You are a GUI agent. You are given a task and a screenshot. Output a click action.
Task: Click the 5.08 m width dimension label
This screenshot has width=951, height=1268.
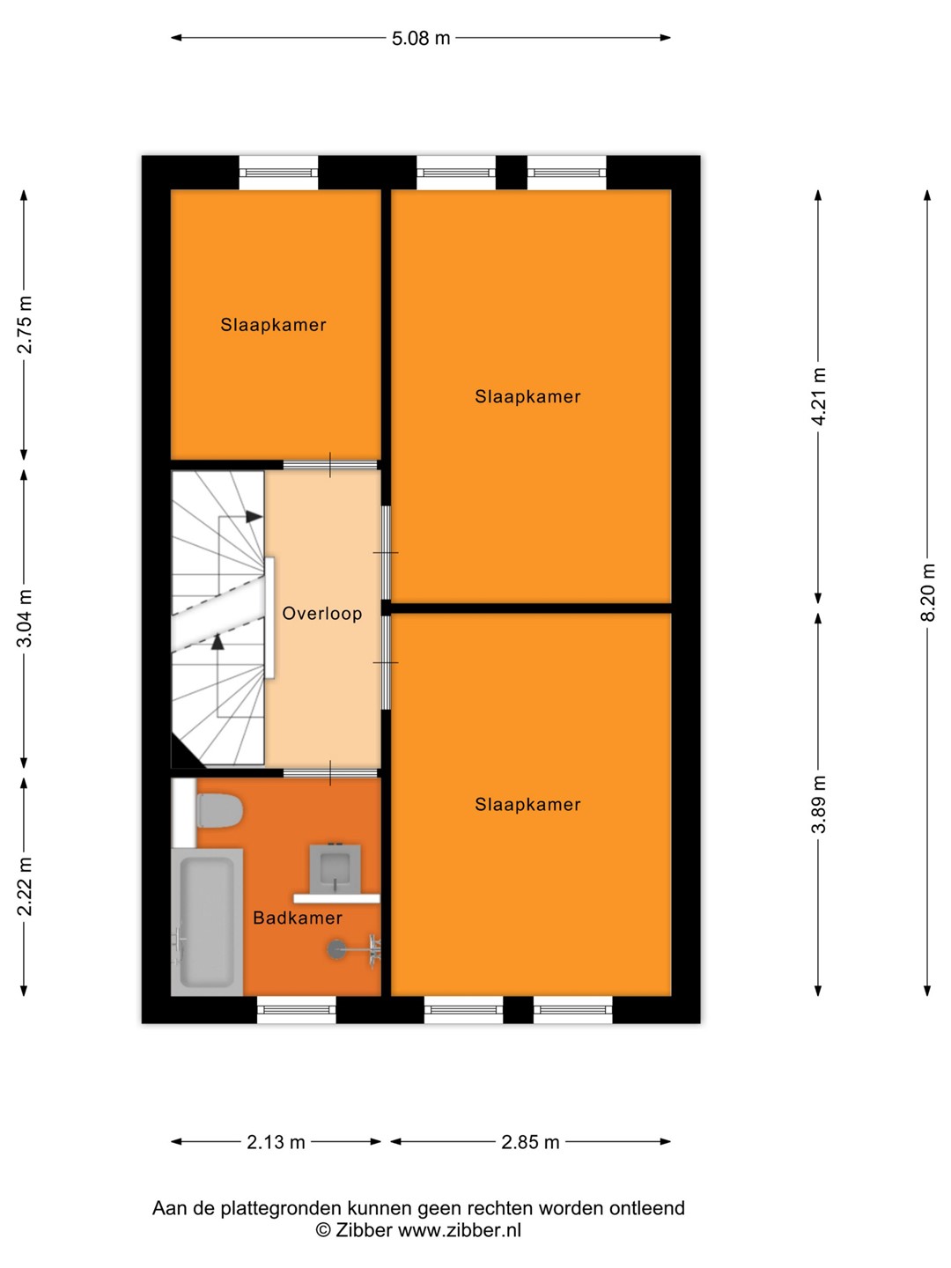tap(420, 38)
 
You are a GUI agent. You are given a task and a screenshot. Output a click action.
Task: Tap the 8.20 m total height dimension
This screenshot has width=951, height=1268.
tap(926, 592)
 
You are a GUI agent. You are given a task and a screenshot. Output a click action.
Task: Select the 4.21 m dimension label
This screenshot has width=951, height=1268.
tap(818, 396)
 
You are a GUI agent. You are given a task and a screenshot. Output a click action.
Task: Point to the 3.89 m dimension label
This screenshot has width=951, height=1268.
tap(818, 804)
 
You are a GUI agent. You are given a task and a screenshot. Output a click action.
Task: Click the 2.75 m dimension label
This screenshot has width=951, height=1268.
tap(25, 325)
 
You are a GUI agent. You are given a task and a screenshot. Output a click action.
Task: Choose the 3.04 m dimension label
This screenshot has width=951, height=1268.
tap(25, 618)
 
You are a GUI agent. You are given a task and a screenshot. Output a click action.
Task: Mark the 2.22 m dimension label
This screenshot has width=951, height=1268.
tap(25, 887)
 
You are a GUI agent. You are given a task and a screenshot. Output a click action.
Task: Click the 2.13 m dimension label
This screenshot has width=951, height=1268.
tap(276, 1142)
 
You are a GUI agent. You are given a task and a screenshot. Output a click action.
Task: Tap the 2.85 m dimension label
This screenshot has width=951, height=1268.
tap(530, 1142)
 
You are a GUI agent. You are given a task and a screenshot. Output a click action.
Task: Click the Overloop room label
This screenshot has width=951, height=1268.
tap(321, 614)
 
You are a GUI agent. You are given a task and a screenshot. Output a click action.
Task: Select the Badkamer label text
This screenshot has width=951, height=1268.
tap(298, 918)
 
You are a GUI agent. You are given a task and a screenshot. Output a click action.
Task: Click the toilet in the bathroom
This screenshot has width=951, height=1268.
tap(219, 810)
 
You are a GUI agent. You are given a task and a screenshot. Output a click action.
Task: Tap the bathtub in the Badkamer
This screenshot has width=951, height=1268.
tap(207, 922)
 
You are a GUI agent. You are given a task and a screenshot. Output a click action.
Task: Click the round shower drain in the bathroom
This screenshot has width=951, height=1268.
tap(336, 948)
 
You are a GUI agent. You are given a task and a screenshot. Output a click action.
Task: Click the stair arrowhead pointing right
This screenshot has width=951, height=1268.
tap(254, 516)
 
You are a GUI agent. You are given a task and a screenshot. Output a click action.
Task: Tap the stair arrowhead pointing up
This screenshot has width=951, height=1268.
tap(217, 642)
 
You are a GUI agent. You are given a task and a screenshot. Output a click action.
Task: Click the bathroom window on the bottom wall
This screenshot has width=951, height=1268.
tap(296, 1010)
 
